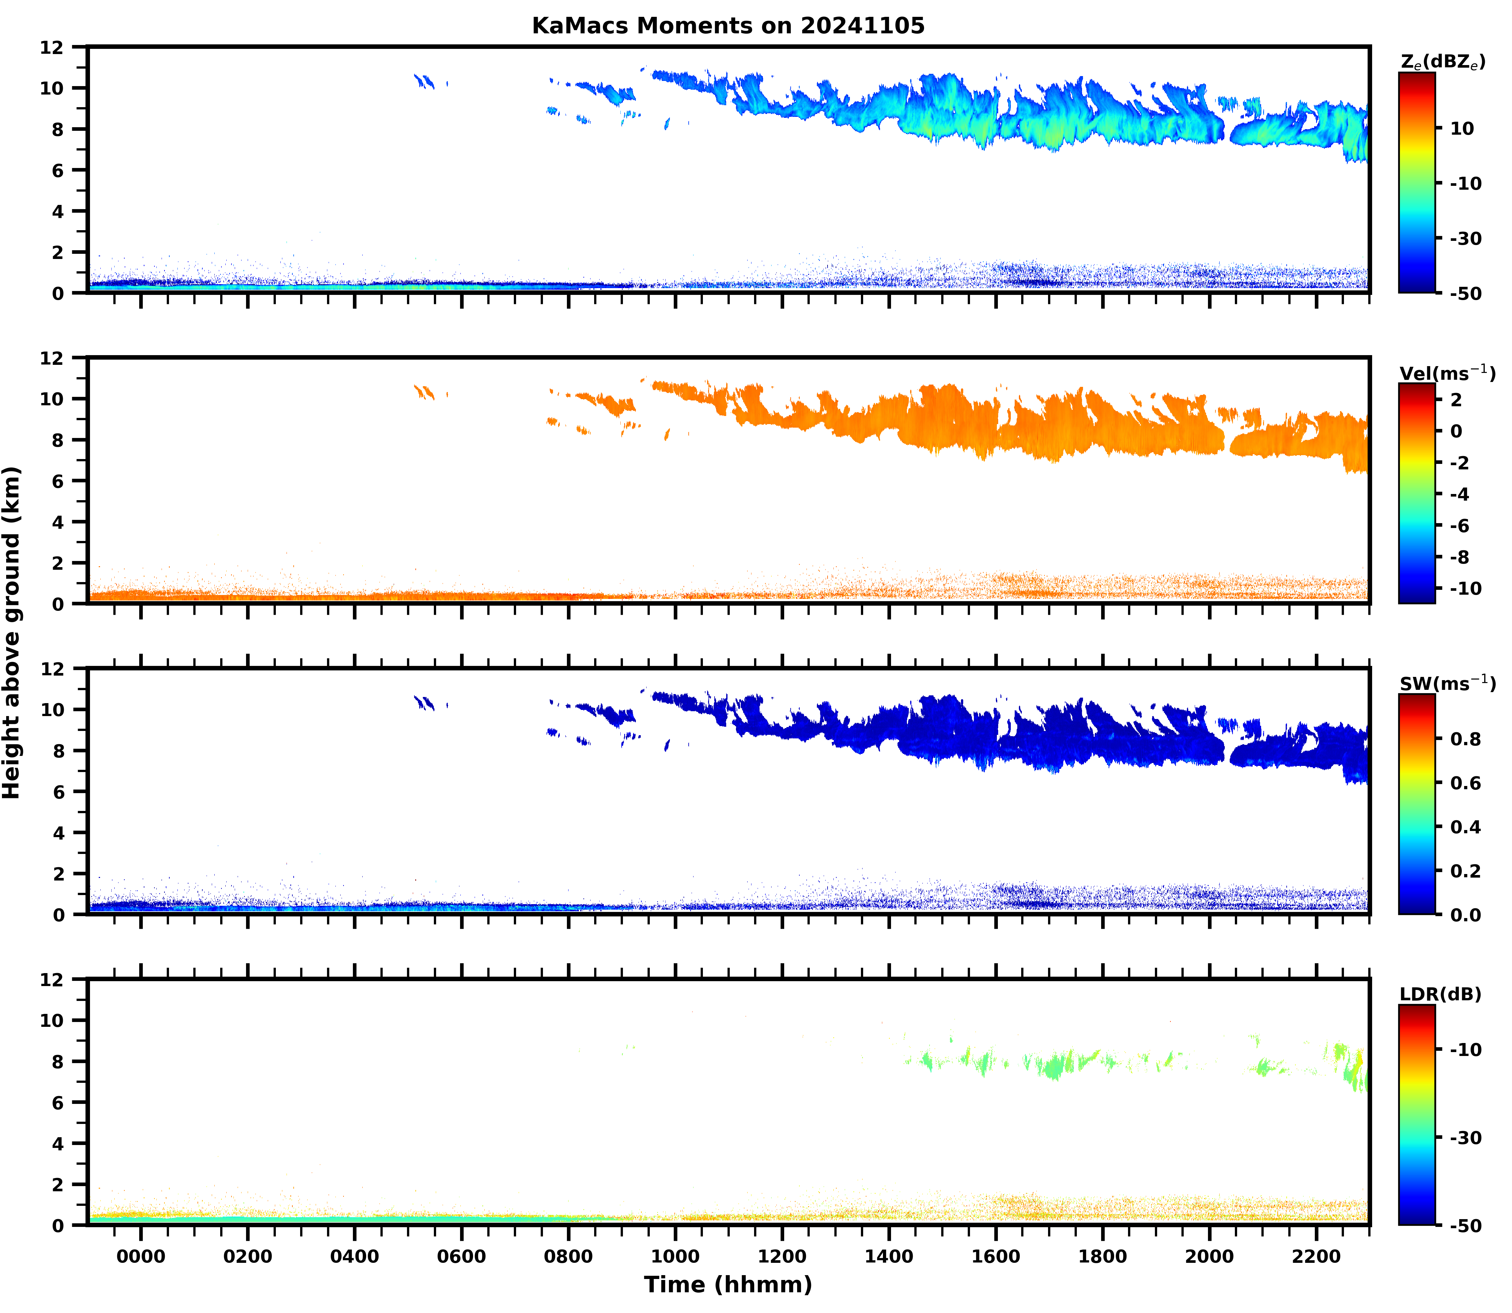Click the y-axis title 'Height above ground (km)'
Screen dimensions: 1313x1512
[x=12, y=632]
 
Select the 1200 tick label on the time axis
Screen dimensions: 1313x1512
[x=782, y=1256]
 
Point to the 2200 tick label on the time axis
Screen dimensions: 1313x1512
[x=1316, y=1256]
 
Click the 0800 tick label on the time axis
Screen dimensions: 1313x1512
[x=568, y=1256]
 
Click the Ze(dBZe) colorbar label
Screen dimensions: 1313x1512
[x=1442, y=62]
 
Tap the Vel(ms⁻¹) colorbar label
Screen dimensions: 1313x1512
[x=1447, y=373]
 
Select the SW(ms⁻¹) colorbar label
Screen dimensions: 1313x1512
[x=1447, y=684]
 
